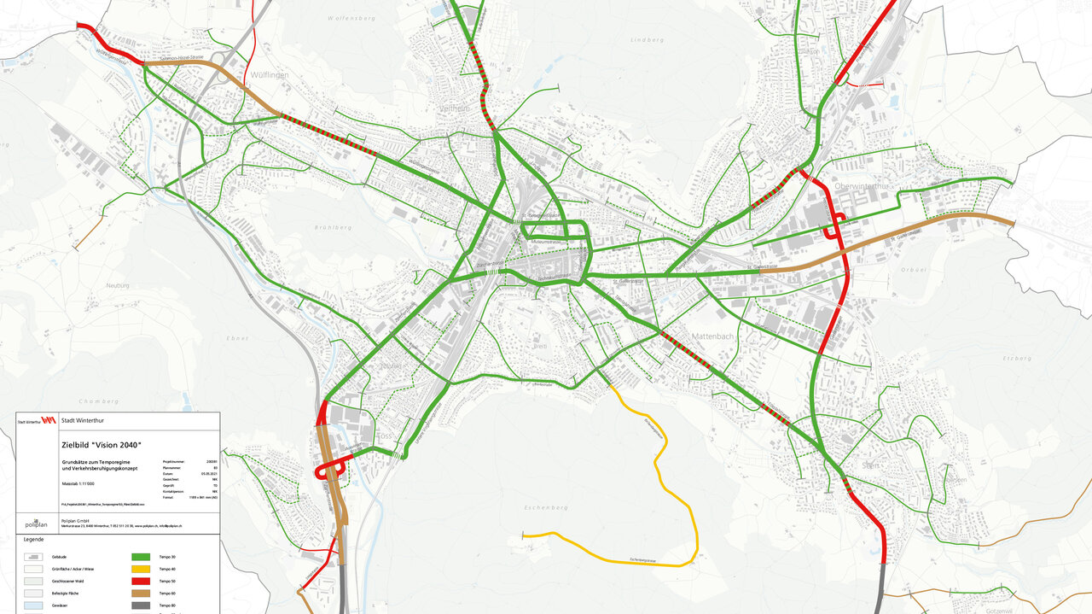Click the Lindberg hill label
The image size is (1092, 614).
pos(646,40)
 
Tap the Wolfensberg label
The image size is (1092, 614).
pos(351,17)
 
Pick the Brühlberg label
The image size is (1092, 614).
pos(333,228)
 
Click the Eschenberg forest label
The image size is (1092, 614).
pos(546,507)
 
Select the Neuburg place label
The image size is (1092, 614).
pos(117,285)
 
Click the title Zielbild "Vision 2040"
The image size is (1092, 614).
pos(101,445)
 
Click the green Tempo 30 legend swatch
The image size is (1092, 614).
pos(140,557)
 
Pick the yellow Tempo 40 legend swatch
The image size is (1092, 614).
pos(140,569)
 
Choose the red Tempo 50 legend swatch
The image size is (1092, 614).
pos(140,581)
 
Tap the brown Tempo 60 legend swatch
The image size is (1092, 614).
pos(140,593)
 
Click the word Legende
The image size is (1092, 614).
pos(33,540)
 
